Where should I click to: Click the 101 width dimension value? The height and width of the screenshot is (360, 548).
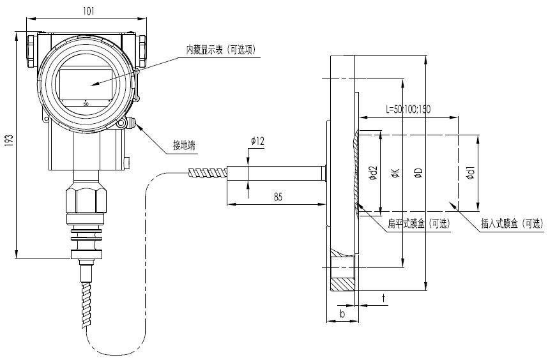89,11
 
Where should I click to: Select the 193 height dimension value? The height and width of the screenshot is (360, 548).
10,140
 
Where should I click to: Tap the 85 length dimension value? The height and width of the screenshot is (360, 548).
278,197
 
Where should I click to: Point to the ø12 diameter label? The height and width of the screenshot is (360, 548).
257,141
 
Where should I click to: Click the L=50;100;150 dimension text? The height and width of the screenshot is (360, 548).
408,109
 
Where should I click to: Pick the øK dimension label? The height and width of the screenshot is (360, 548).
395,173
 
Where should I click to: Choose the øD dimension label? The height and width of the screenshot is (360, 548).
418,173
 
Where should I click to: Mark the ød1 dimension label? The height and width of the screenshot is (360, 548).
471,173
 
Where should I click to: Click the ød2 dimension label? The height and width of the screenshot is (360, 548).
374,173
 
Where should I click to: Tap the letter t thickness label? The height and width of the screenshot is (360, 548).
384,298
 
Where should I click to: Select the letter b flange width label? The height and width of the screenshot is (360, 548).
342,313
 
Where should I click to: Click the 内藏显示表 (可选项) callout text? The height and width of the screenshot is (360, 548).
221,50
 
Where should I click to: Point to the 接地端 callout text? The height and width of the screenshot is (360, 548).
184,145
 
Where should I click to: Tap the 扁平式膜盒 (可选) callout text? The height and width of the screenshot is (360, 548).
419,223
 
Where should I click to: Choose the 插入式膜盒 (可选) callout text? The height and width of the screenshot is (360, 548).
512,223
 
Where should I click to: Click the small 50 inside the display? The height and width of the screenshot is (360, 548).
86,103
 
